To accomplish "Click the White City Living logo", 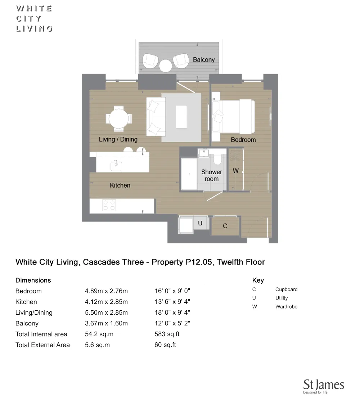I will pos(34,19).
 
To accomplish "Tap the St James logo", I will pos(324,386).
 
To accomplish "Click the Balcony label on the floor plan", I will pos(203,60).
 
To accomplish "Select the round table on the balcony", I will pos(166,66).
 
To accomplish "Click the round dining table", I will pos(119,118).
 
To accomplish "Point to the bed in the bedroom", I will pos(236,116).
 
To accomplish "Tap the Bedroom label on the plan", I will pos(243,140).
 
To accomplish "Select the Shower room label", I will pos(212,175).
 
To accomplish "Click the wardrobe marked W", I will pos(236,171).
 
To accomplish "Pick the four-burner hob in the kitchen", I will pos(109,205).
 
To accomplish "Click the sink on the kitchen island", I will pos(116,166).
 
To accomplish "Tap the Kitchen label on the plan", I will pos(120,185).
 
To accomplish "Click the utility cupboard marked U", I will pos(200,223).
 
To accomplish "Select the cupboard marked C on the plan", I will pos(225,226).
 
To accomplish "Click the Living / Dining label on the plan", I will pos(118,139).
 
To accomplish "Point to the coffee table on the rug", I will pos(181,117).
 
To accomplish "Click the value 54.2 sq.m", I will pos(99,334).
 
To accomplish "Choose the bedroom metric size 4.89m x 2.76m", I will pos(106,291).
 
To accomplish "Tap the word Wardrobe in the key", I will pos(286,307).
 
